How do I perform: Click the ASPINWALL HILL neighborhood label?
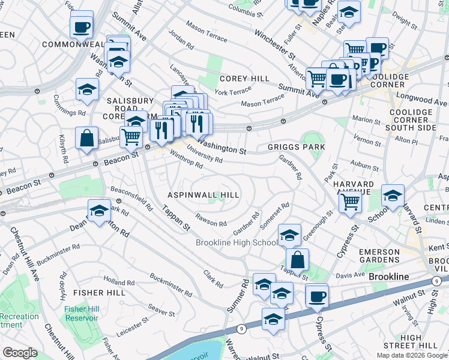tap(203, 195)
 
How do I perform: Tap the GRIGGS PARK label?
tap(297, 146)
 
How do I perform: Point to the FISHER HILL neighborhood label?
tap(99, 292)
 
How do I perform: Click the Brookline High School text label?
tap(237, 242)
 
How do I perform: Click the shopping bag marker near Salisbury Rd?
tap(87, 137)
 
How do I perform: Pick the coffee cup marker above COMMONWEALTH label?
tap(81, 26)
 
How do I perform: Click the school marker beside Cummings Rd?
tap(88, 89)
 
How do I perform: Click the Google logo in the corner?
tap(20, 353)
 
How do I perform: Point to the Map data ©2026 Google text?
tap(412, 355)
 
